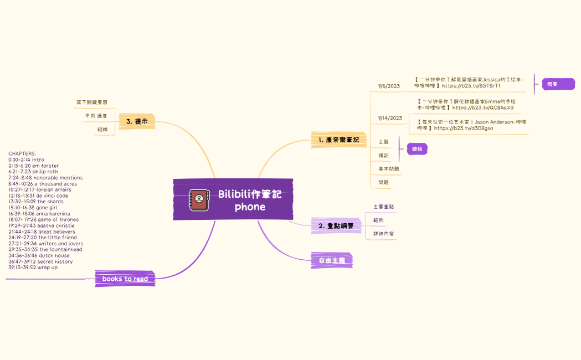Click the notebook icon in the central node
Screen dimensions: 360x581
coord(199,200)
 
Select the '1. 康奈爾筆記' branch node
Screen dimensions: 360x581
coord(339,140)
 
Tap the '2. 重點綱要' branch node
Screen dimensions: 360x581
coord(336,225)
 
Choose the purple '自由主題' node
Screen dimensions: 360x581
coord(332,260)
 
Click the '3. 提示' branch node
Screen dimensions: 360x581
coord(137,121)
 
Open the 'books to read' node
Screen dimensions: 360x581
coord(125,279)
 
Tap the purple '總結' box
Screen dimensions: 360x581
coord(417,149)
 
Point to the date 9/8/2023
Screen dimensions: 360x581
coord(389,86)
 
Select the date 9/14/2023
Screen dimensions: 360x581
coord(390,118)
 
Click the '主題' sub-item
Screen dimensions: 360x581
coord(383,142)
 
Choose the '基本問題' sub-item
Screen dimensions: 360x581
coord(388,168)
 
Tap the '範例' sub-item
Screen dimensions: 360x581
coord(378,220)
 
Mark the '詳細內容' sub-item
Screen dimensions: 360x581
coord(383,234)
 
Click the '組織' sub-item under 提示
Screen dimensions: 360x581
coord(102,129)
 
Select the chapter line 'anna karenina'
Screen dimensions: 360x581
coord(39,214)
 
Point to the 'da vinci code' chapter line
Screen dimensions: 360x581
coord(38,196)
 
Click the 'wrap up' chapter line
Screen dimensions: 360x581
coord(33,268)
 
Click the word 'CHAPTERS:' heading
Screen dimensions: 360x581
coord(22,153)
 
